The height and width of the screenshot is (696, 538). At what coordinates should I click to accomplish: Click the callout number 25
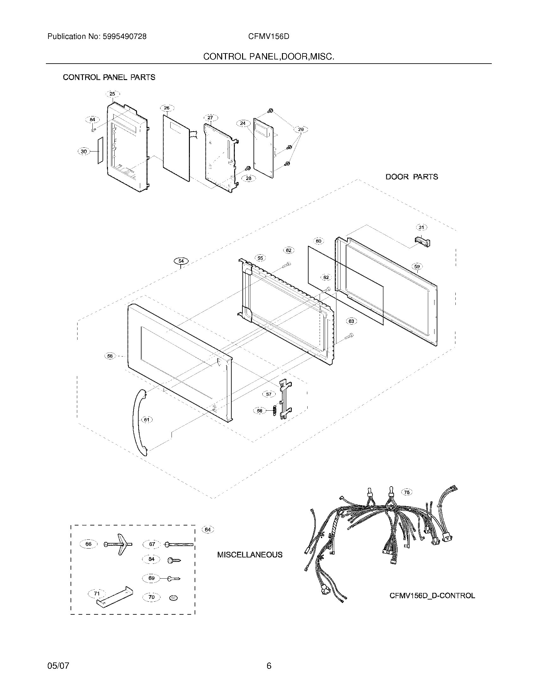click(112, 94)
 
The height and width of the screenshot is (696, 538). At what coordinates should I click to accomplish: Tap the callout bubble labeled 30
click(84, 152)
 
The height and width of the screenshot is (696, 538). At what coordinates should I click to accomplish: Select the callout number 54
click(181, 261)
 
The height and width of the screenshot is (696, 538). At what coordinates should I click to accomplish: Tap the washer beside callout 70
click(174, 598)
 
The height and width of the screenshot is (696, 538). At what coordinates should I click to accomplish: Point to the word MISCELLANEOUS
click(250, 555)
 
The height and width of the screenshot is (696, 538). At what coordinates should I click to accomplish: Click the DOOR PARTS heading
click(411, 177)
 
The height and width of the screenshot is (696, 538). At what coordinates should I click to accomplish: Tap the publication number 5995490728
click(124, 37)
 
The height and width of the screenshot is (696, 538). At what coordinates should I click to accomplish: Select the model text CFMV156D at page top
click(269, 37)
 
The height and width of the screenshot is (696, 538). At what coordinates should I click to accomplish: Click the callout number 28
click(249, 178)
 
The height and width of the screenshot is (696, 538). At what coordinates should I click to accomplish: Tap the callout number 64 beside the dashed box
click(208, 530)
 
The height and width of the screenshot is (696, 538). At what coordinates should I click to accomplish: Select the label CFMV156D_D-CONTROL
click(432, 596)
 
